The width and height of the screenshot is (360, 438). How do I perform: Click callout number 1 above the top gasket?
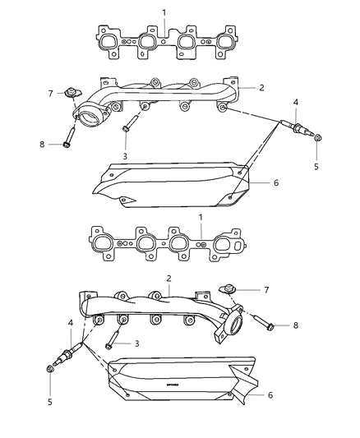tap(163, 12)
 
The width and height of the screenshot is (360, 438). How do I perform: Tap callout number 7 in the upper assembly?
tap(50, 93)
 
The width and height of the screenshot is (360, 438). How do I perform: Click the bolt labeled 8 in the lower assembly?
tap(261, 325)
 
